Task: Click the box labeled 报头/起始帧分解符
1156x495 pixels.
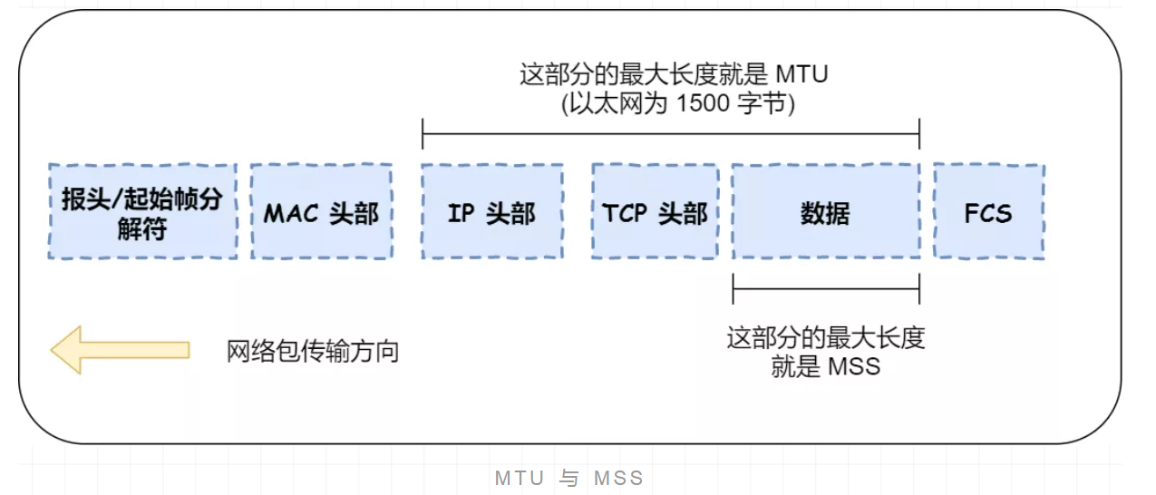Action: coord(142,211)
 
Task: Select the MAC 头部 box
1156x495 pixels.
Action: coord(321,211)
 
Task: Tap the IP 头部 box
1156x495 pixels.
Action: coord(491,211)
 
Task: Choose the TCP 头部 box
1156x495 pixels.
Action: coord(655,211)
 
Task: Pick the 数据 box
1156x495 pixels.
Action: coord(825,211)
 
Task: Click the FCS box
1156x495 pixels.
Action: coord(988,211)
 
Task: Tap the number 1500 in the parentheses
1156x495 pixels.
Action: coord(704,102)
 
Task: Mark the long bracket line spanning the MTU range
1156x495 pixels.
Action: coord(671,133)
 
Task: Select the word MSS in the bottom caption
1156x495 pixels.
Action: coord(618,478)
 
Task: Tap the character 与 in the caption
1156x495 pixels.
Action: coord(568,478)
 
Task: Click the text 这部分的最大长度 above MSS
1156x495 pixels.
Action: coord(825,339)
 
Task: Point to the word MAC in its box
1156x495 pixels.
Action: coord(292,213)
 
